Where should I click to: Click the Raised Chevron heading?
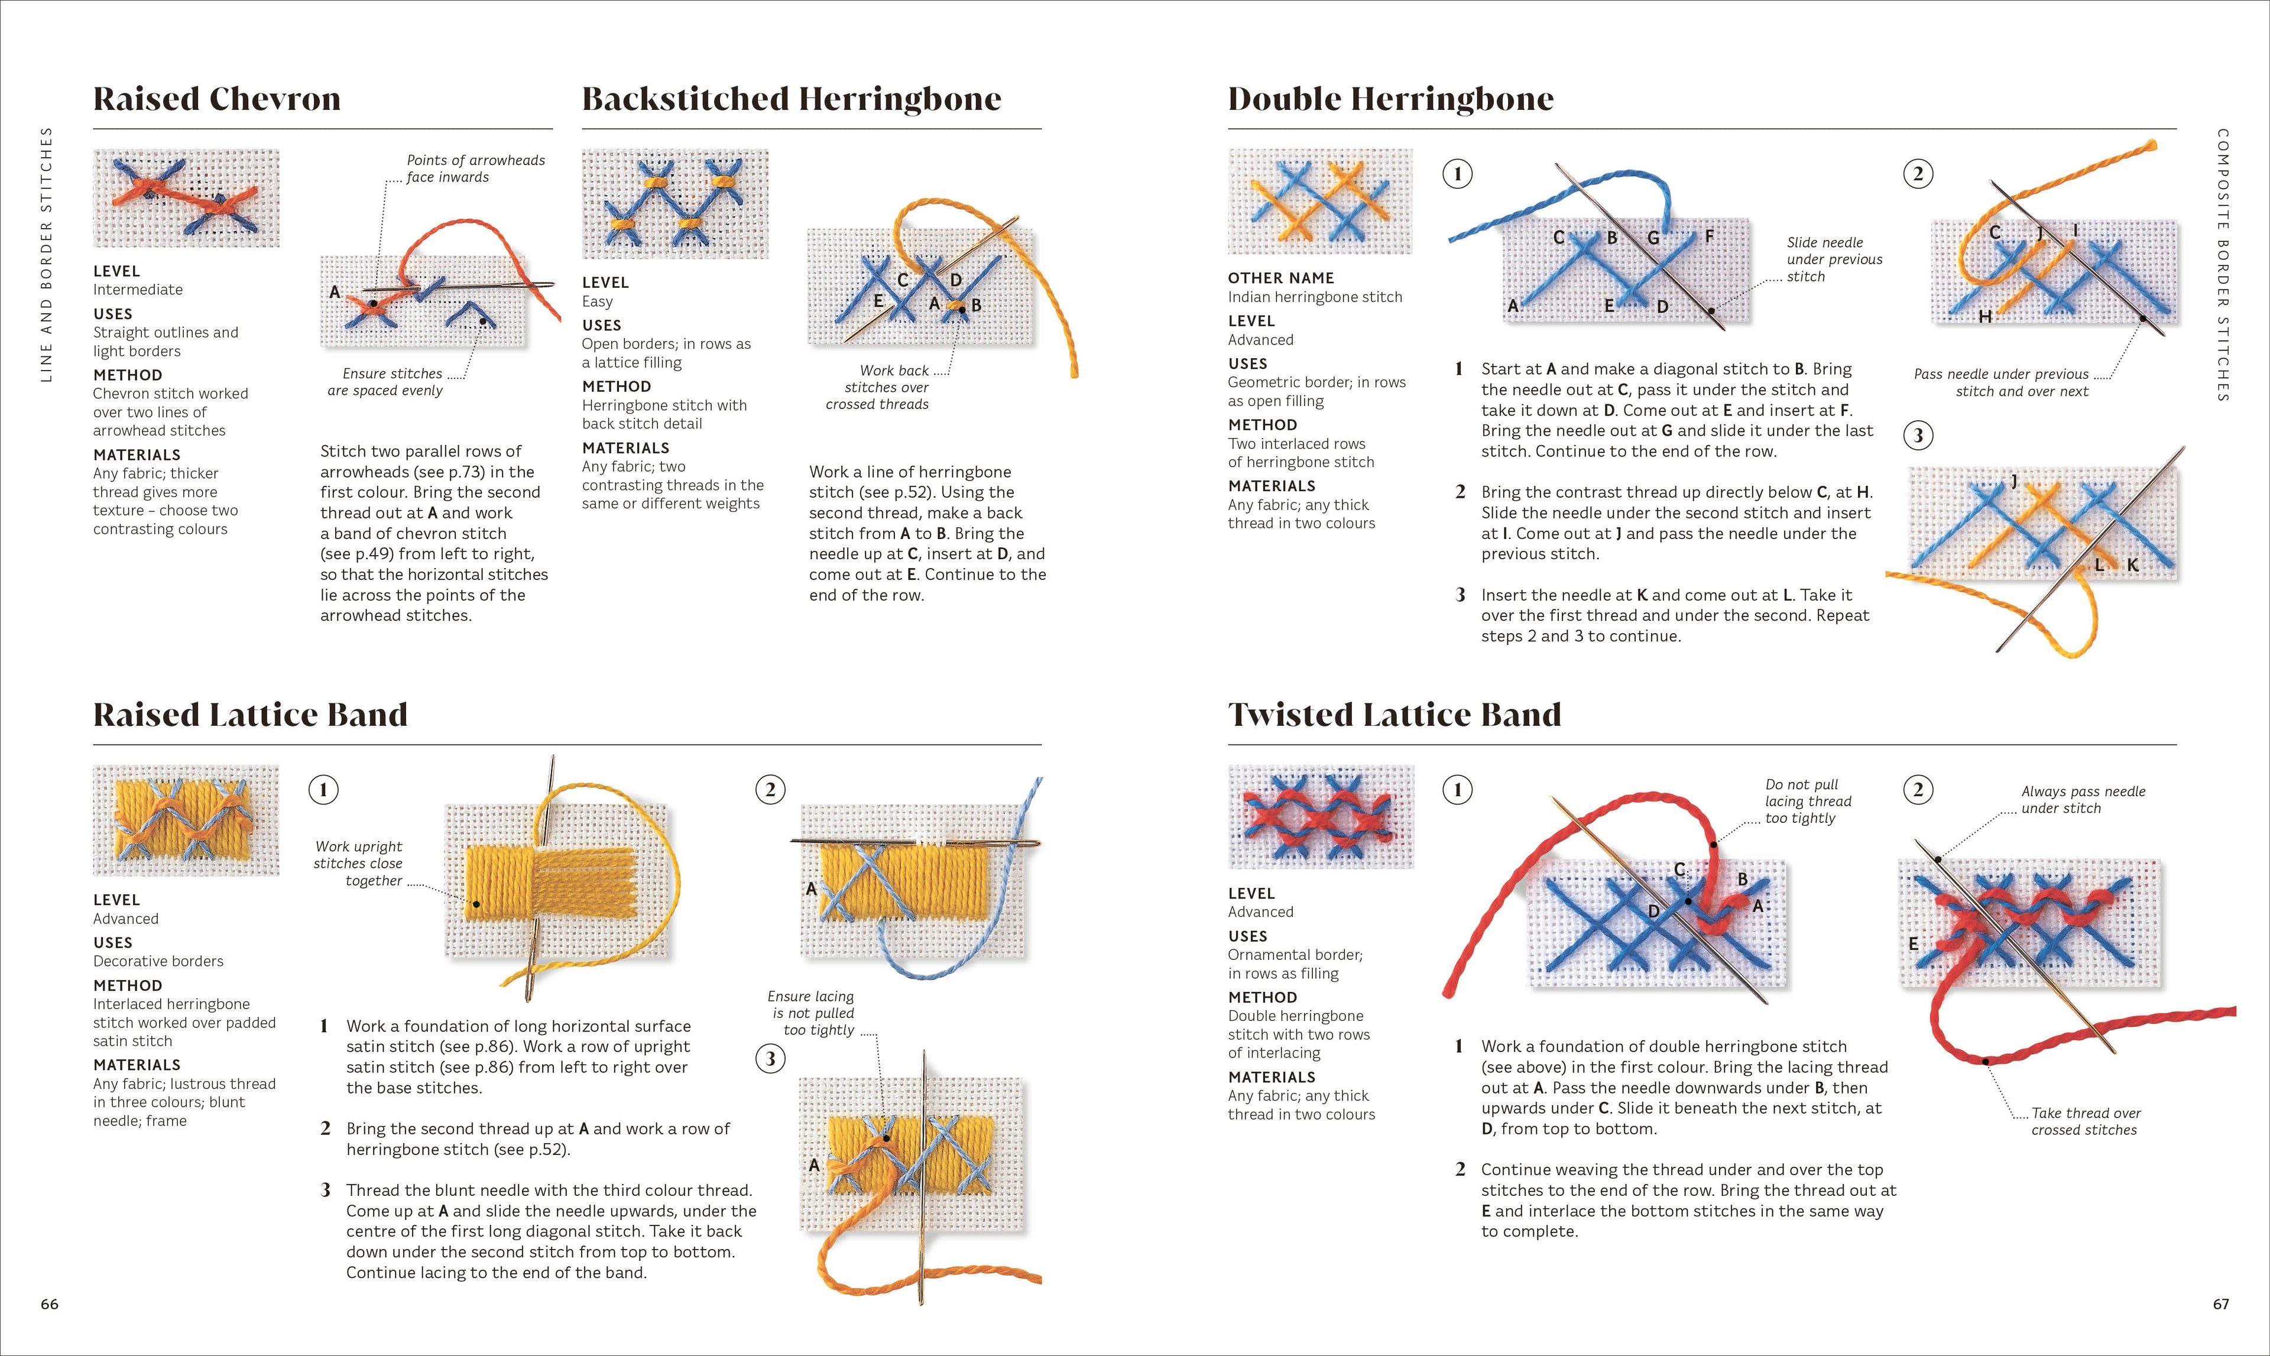pyautogui.click(x=216, y=99)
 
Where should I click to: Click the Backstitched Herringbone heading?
pyautogui.click(x=792, y=99)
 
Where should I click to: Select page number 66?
pyautogui.click(x=49, y=1304)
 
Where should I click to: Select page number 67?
pyautogui.click(x=2221, y=1304)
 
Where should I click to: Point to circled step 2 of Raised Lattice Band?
pyautogui.click(x=770, y=790)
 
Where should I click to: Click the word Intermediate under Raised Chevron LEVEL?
pyautogui.click(x=137, y=290)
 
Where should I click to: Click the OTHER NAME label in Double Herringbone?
pyautogui.click(x=1280, y=278)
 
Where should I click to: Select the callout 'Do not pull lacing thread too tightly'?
pyautogui.click(x=1808, y=802)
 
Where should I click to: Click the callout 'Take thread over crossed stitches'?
pyautogui.click(x=2084, y=1121)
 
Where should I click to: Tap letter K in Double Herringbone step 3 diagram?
pyautogui.click(x=2132, y=566)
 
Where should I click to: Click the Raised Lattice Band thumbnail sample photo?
pyautogui.click(x=186, y=820)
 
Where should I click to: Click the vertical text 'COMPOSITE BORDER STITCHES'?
pyautogui.click(x=2223, y=265)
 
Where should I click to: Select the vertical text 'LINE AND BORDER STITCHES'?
pyautogui.click(x=47, y=254)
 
